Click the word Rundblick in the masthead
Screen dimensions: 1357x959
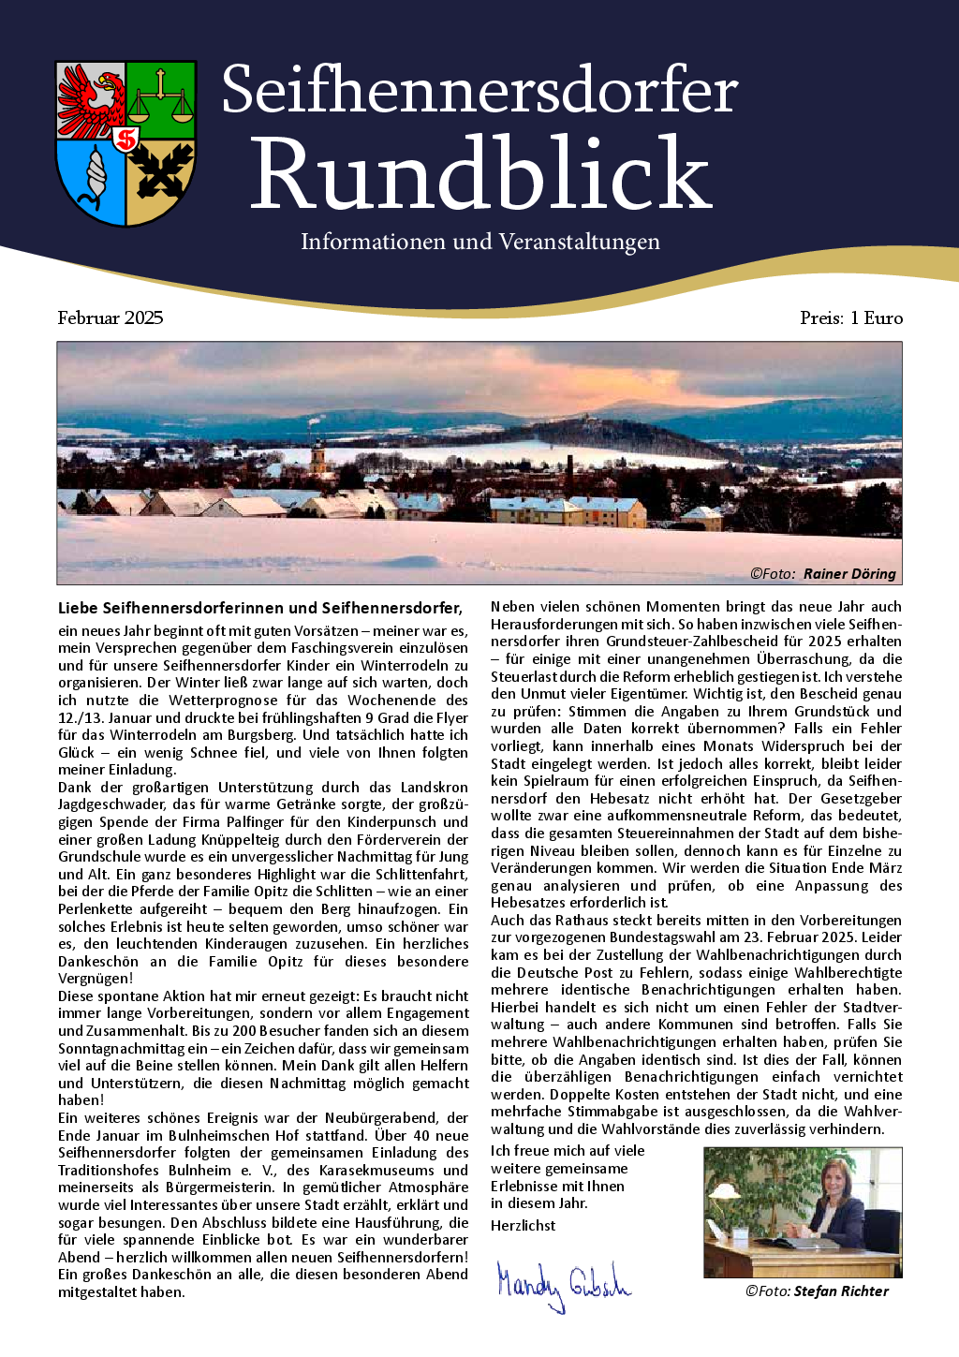[x=480, y=173]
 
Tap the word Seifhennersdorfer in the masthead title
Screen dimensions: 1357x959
[x=479, y=91]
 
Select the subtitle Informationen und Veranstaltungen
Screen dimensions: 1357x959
[x=479, y=242]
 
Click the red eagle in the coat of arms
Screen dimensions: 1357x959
[x=92, y=99]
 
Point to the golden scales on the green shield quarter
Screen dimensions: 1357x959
[x=161, y=99]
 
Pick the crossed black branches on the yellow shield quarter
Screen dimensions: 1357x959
[x=160, y=172]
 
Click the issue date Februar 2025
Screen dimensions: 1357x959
[x=111, y=318]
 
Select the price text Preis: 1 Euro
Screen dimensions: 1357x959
[x=851, y=318]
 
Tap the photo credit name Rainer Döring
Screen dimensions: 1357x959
[x=849, y=574]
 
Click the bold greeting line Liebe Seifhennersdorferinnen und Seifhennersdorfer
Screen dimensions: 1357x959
[x=260, y=608]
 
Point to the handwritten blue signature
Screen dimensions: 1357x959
[x=563, y=1284]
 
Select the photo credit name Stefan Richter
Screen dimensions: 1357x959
[x=841, y=1291]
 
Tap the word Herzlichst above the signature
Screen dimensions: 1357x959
[x=523, y=1226]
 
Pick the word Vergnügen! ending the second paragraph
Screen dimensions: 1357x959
[x=96, y=979]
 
